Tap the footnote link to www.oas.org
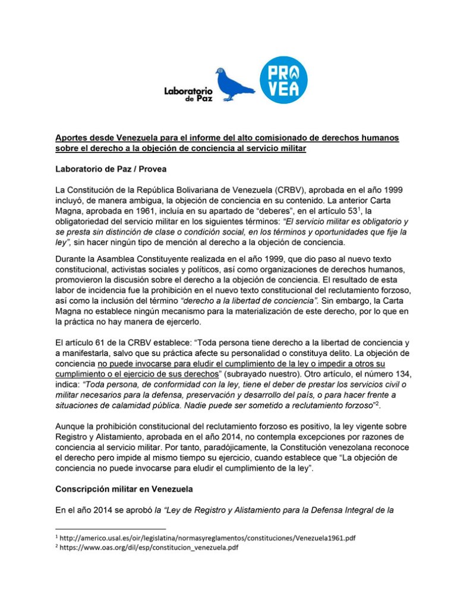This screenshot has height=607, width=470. coord(149,548)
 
